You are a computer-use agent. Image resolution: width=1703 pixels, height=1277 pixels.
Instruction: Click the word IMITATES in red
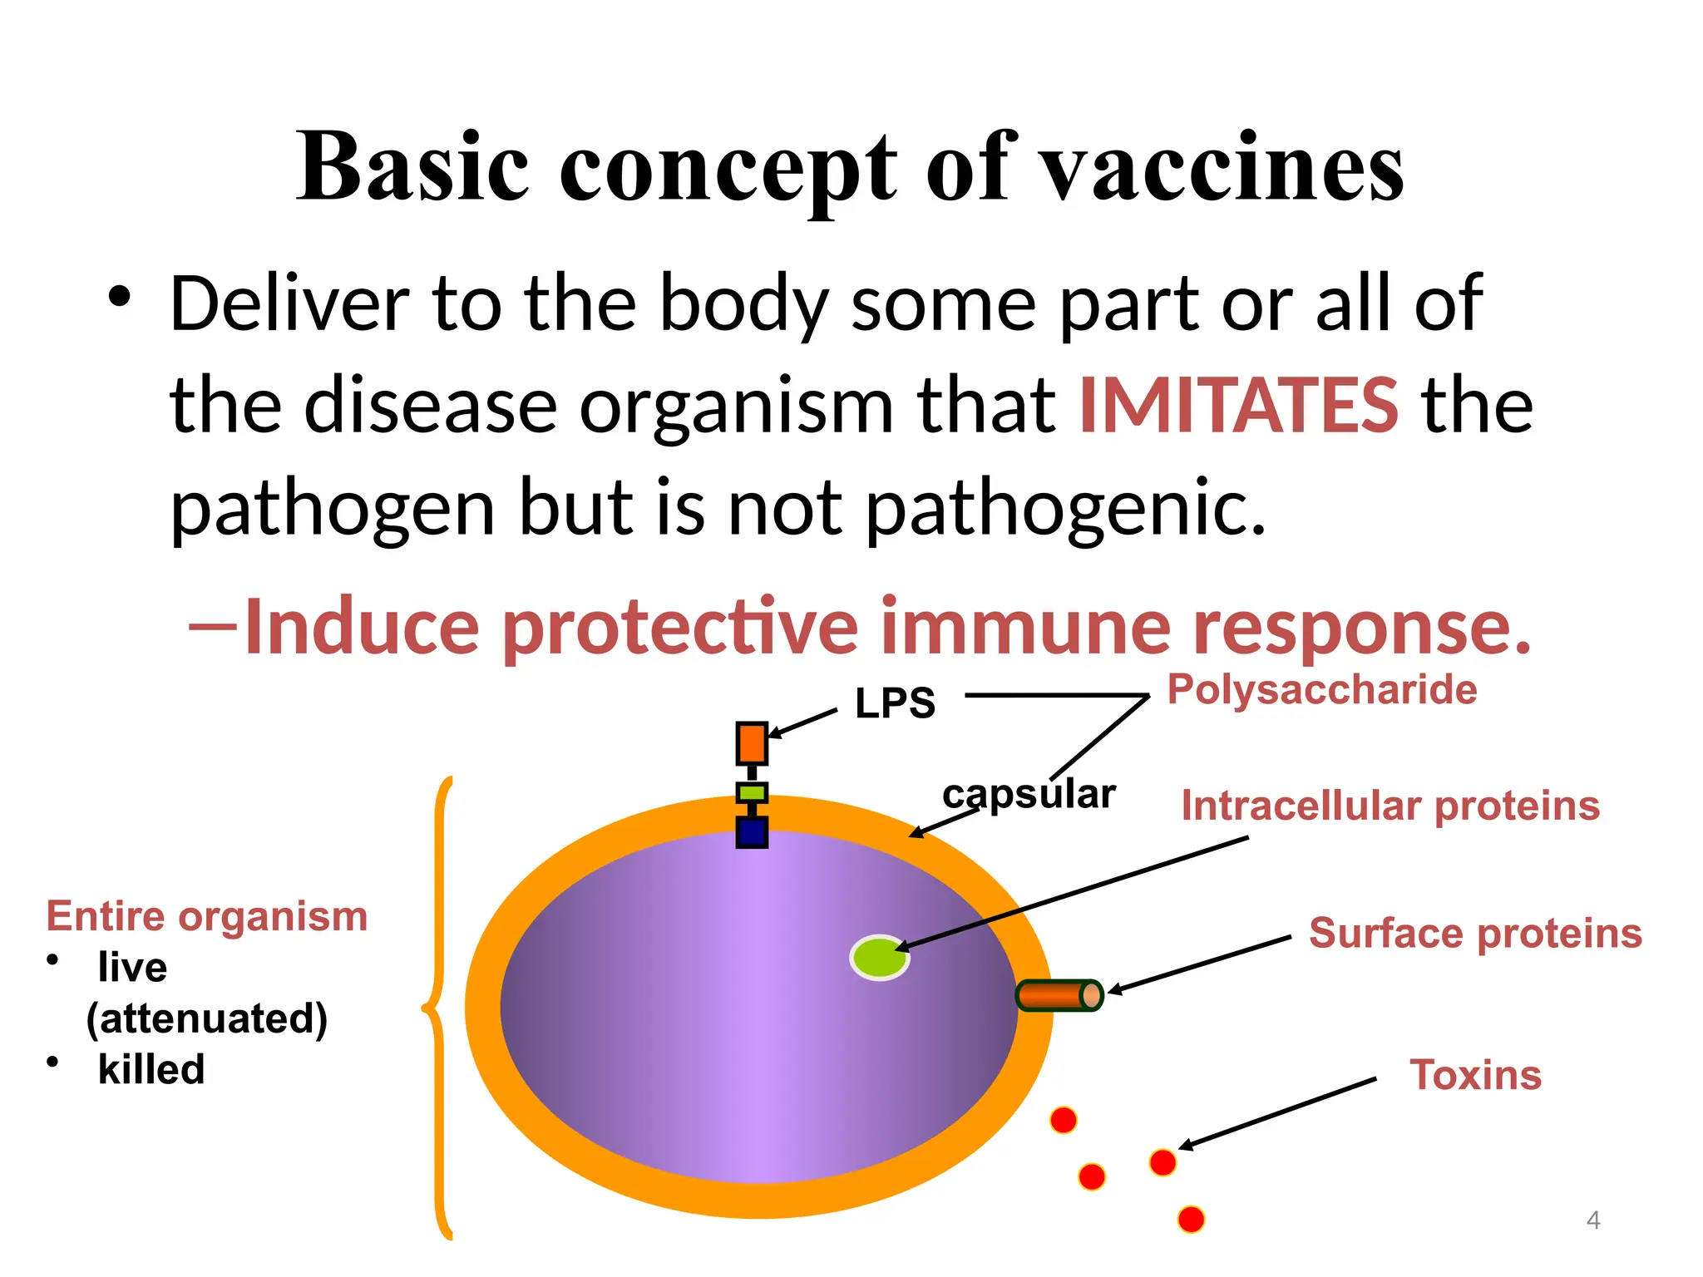click(1238, 406)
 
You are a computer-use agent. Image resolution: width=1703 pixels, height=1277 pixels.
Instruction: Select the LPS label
click(895, 703)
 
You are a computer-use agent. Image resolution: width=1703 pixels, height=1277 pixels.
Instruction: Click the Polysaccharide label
click(1321, 690)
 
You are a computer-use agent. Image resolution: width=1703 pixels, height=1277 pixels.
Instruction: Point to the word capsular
click(1028, 794)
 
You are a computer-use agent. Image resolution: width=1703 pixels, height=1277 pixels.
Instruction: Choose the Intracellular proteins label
click(1390, 806)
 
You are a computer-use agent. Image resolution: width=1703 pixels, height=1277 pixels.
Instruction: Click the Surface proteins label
click(1475, 933)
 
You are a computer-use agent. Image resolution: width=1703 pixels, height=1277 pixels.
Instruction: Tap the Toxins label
click(1475, 1075)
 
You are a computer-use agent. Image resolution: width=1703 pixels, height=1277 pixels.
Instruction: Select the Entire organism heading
click(207, 917)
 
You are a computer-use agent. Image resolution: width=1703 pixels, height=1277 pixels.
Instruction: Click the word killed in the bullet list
click(151, 1069)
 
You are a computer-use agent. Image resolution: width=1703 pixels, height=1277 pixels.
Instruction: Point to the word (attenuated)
click(207, 1018)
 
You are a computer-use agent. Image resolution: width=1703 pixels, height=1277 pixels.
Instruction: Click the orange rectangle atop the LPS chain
click(752, 743)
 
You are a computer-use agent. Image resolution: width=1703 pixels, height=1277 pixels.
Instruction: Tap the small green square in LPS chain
click(752, 792)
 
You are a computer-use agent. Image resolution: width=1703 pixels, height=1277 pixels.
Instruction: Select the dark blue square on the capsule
click(752, 832)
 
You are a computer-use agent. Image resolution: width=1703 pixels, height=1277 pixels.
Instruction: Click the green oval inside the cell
click(879, 958)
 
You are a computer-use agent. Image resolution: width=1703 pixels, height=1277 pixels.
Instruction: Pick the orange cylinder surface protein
click(1059, 995)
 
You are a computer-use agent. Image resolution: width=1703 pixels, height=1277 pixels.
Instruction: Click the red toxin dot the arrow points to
click(1162, 1162)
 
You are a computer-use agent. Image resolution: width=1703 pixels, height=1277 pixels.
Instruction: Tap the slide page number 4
click(1592, 1220)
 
